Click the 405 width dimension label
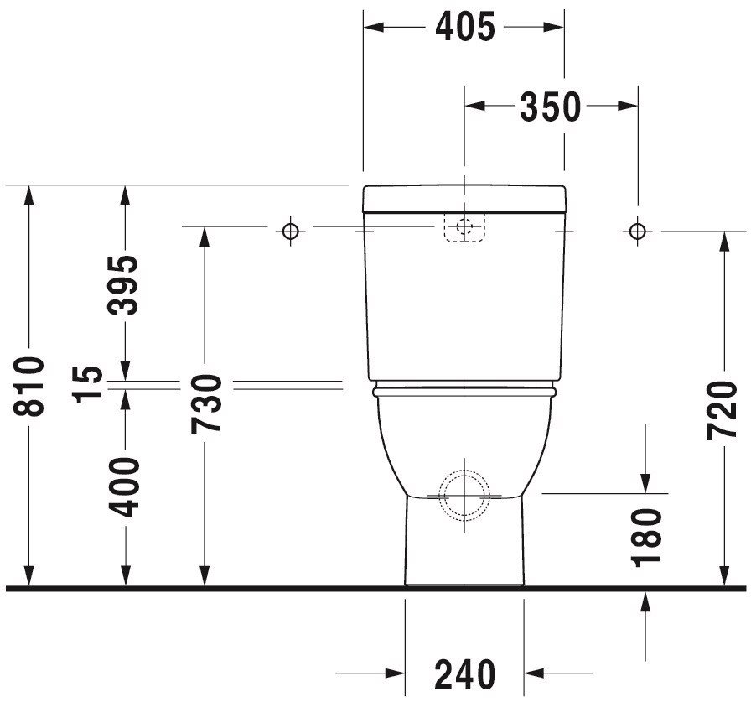464,28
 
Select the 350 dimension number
551,106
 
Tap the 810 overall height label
28,386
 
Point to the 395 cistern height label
123,285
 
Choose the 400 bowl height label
124,487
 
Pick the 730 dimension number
206,404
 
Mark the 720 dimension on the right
722,410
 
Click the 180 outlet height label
646,538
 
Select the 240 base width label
464,673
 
